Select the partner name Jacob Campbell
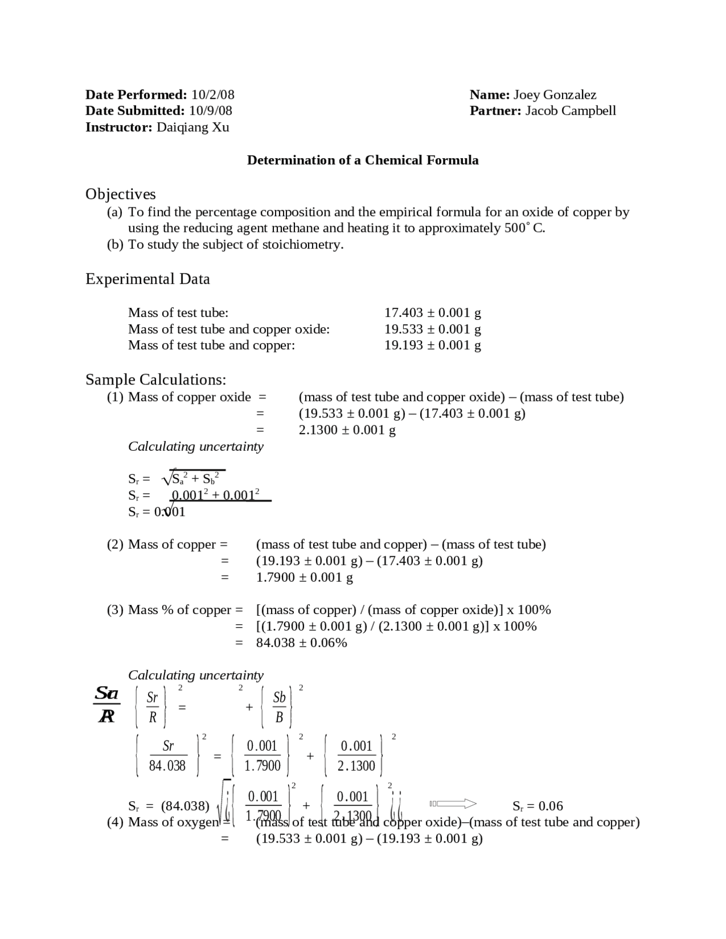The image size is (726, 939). (x=570, y=111)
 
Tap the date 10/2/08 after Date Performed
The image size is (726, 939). (x=213, y=95)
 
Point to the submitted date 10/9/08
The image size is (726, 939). (x=210, y=111)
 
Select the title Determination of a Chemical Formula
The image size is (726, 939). (x=362, y=160)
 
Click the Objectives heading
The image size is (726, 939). (x=120, y=194)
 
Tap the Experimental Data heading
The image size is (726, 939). (x=147, y=279)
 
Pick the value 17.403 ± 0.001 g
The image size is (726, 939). (x=432, y=312)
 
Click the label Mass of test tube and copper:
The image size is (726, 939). (x=211, y=345)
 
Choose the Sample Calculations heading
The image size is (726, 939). (x=155, y=379)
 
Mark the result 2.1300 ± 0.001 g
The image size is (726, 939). (x=347, y=430)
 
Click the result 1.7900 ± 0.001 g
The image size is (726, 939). (x=305, y=577)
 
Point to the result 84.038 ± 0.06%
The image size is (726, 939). (x=301, y=642)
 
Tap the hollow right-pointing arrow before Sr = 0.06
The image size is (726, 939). (x=453, y=803)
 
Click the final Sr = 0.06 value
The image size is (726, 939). (x=537, y=806)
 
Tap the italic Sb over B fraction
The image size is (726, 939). (x=278, y=707)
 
